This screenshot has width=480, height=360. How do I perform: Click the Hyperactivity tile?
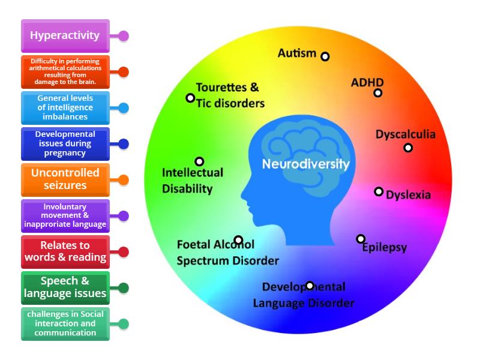pyautogui.click(x=65, y=35)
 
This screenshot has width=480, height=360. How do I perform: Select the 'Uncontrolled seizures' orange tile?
pyautogui.click(x=65, y=179)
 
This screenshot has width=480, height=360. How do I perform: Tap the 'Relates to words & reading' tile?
pyautogui.click(x=65, y=251)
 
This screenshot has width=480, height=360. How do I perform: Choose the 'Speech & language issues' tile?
pyautogui.click(x=65, y=287)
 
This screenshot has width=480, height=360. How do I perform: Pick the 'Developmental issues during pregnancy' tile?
pyautogui.click(x=65, y=143)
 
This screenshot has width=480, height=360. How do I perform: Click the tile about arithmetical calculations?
pyautogui.click(x=65, y=72)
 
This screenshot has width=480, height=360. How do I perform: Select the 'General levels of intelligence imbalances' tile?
pyautogui.click(x=65, y=107)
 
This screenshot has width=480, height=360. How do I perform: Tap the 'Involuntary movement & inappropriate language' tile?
pyautogui.click(x=65, y=215)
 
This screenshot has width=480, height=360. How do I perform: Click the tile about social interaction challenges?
pyautogui.click(x=65, y=323)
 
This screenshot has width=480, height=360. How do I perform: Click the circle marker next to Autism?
pyautogui.click(x=325, y=56)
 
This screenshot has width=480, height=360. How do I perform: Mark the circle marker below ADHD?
pyautogui.click(x=378, y=93)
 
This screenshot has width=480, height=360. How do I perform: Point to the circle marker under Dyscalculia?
pyautogui.click(x=408, y=148)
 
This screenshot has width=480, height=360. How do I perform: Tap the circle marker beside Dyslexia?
pyautogui.click(x=379, y=191)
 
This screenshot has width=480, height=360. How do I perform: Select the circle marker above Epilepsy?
pyautogui.click(x=361, y=239)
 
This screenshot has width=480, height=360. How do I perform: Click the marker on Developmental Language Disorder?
pyautogui.click(x=310, y=286)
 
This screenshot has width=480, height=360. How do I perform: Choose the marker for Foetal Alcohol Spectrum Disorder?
pyautogui.click(x=238, y=240)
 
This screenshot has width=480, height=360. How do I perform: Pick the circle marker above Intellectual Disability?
pyautogui.click(x=199, y=161)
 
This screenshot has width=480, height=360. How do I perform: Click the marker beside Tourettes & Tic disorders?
pyautogui.click(x=190, y=98)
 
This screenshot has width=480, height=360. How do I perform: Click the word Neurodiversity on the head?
pyautogui.click(x=305, y=163)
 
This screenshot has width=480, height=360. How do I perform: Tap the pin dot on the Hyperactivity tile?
pyautogui.click(x=124, y=36)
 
